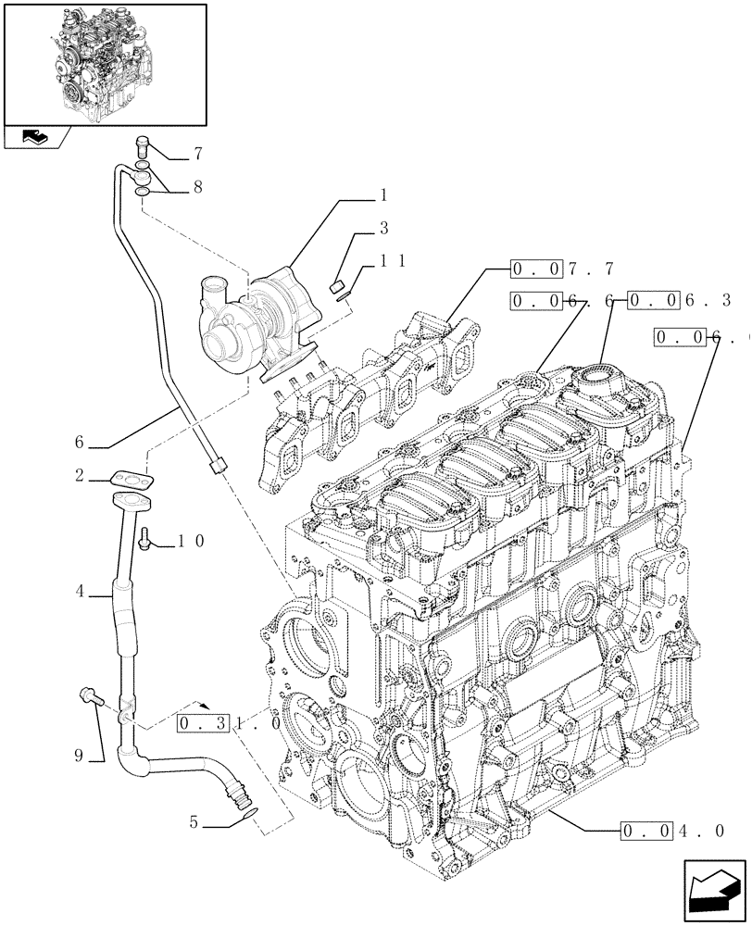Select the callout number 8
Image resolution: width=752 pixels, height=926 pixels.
click(196, 186)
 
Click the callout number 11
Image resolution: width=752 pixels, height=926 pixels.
click(394, 262)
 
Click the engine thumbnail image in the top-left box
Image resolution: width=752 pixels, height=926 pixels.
click(104, 64)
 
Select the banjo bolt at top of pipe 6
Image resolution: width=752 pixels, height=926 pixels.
click(143, 145)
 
